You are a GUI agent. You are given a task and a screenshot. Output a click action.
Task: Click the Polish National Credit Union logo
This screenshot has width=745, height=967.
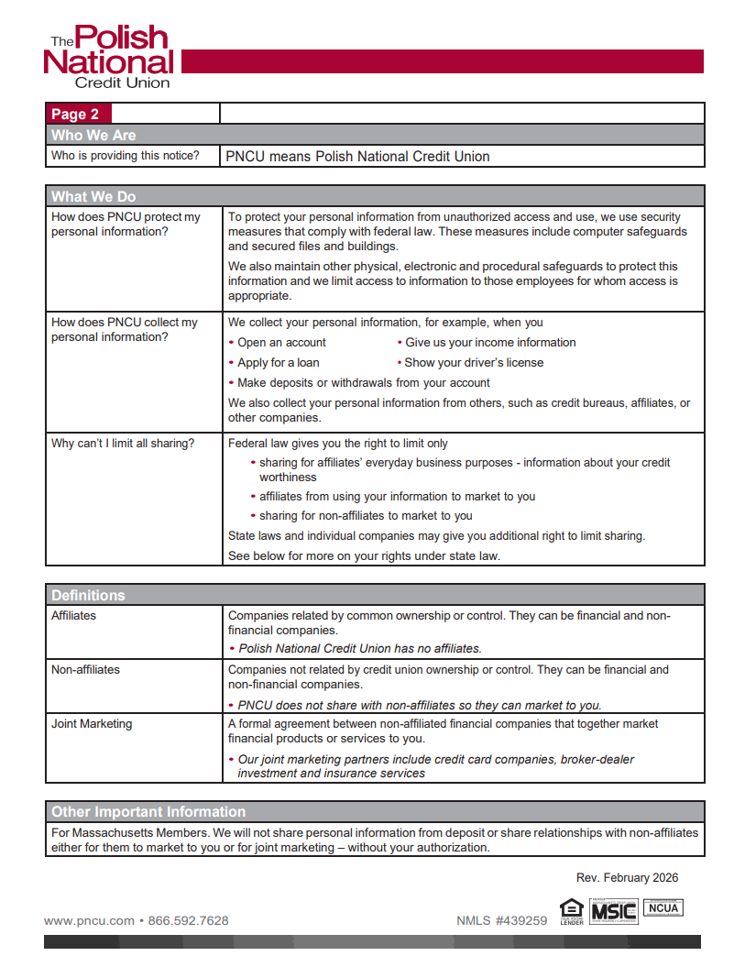point(108,57)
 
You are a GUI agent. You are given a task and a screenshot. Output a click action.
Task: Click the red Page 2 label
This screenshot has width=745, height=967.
point(76,115)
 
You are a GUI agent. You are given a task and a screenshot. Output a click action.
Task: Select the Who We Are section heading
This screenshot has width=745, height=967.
point(93,136)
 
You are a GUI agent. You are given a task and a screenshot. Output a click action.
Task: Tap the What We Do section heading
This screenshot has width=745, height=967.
point(93,197)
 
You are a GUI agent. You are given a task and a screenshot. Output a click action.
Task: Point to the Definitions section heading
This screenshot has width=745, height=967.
point(88,596)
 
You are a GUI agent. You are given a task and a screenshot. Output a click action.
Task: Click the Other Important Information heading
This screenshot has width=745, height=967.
point(148,812)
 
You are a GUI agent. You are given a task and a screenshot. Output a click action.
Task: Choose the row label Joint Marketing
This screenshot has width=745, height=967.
point(92,724)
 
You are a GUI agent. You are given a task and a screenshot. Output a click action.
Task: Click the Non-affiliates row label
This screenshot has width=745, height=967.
point(85,670)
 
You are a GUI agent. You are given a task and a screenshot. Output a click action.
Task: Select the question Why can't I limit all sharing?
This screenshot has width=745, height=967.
point(123,444)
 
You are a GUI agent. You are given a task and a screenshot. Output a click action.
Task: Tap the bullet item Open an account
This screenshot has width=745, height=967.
point(281,343)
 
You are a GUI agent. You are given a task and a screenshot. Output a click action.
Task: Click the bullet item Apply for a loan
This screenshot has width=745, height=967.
point(278,363)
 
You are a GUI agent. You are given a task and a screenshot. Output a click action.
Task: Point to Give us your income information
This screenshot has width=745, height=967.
point(490,343)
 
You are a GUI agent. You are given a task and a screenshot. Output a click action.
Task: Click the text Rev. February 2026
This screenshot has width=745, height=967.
point(627,878)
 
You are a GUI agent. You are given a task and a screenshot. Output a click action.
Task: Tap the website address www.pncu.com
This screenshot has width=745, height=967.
point(89,920)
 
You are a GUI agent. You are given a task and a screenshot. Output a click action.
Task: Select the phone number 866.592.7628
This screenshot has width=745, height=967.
point(188,920)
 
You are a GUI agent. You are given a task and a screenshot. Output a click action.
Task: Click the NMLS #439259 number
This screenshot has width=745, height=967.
point(501,921)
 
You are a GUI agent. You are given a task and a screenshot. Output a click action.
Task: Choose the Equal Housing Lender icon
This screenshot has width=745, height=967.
point(571,910)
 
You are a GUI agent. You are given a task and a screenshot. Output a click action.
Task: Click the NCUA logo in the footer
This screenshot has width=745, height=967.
point(663,907)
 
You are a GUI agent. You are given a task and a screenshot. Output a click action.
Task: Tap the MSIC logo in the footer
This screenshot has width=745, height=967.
point(613,911)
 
